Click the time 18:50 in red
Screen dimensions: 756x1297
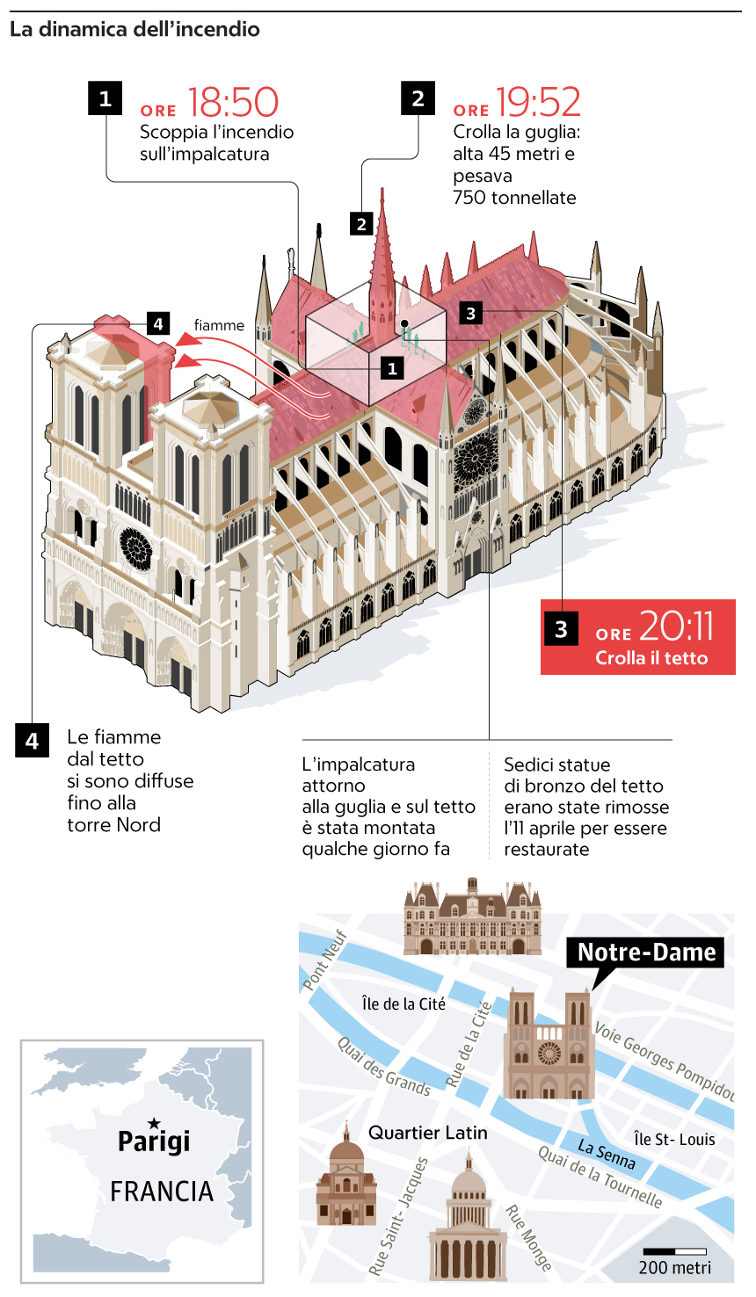point(233,103)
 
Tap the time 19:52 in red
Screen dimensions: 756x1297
point(538,103)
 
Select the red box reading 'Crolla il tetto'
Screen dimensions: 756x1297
point(638,637)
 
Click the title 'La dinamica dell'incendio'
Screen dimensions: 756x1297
point(134,29)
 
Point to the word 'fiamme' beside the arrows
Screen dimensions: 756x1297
point(219,325)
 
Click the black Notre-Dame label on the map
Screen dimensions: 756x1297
point(646,953)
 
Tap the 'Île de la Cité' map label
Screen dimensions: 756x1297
point(403,1004)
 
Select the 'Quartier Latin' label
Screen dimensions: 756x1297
point(427,1133)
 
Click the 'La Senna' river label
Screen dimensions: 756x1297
point(607,1154)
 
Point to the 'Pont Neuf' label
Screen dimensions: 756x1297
point(325,960)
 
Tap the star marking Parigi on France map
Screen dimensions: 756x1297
point(154,1123)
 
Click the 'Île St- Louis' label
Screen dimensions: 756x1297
point(674,1139)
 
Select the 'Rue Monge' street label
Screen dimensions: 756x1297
point(528,1237)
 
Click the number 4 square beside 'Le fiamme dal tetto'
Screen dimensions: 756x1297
point(32,740)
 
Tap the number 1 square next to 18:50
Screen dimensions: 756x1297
point(105,98)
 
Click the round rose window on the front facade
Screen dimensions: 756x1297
point(135,548)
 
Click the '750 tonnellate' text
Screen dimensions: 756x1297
point(514,198)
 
